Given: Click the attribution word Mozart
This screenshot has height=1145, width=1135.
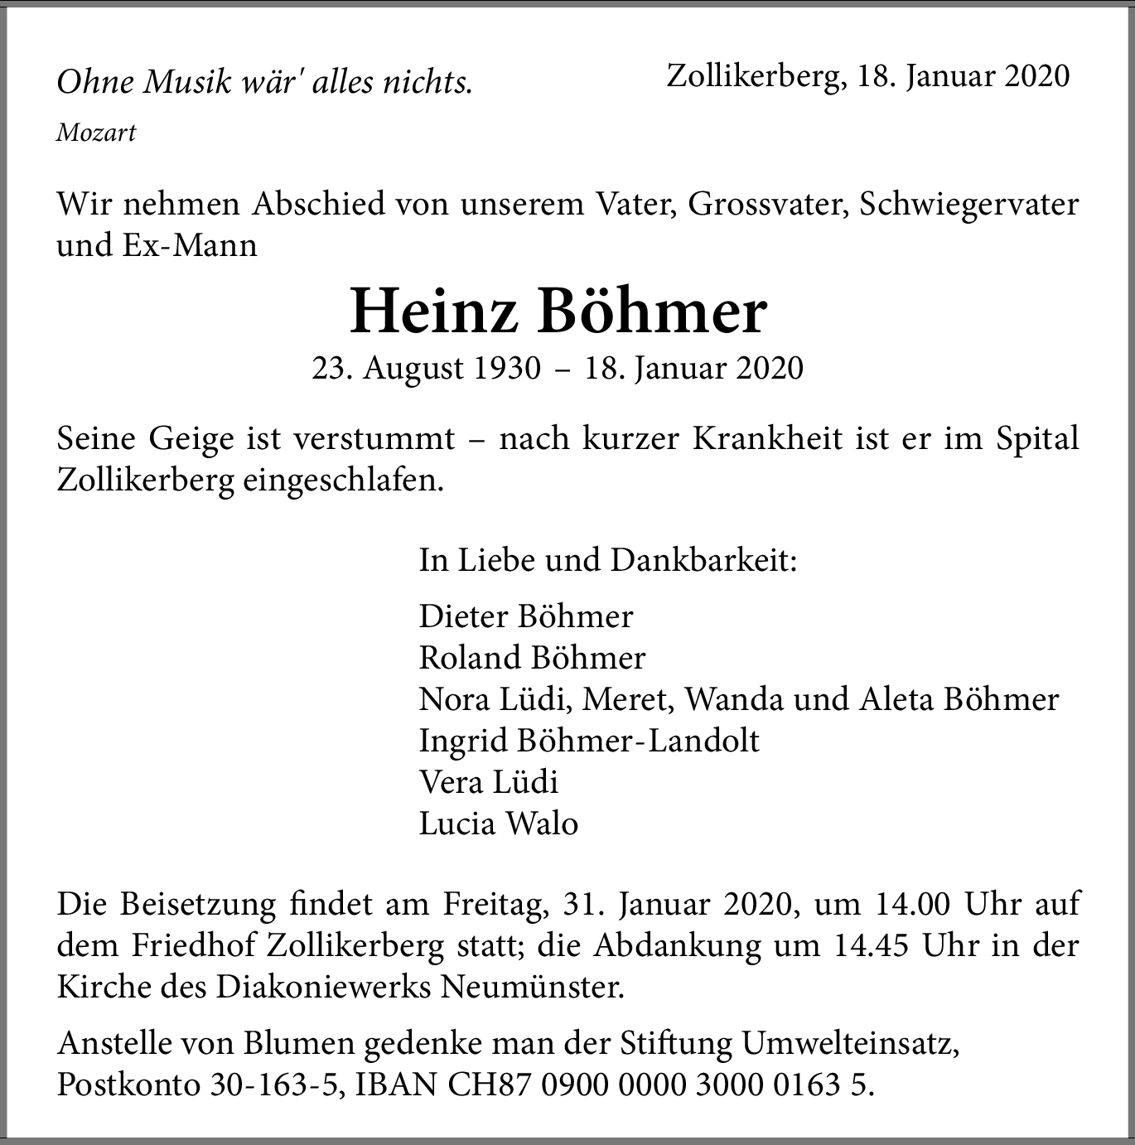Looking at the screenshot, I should [x=96, y=133].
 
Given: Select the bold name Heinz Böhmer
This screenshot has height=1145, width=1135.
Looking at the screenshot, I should [x=558, y=312].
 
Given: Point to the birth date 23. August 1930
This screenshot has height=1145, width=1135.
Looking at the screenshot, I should [x=426, y=368].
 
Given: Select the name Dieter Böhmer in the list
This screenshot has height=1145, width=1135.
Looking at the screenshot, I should [x=526, y=616].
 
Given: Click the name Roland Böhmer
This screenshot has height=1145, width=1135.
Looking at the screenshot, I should [x=532, y=657].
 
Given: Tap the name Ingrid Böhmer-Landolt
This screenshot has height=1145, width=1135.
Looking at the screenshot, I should [x=589, y=740].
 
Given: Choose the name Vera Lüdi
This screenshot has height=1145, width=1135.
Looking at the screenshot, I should [x=489, y=781].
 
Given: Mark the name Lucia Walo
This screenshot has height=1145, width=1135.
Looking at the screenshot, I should [x=498, y=823].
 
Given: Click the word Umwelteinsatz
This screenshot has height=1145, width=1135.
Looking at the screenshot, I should [x=851, y=1045].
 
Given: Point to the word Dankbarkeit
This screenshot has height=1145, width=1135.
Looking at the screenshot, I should [x=703, y=560].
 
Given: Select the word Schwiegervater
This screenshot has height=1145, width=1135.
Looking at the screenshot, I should [x=969, y=204].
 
